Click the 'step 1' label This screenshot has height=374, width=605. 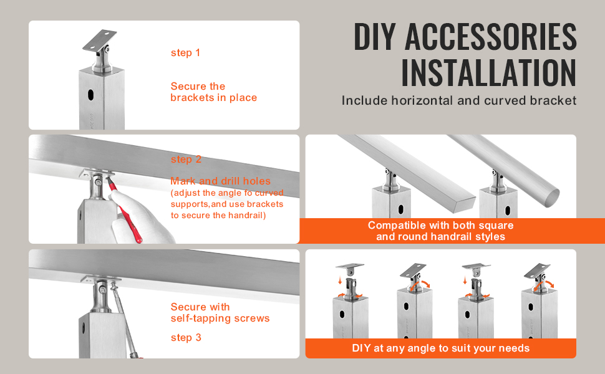pos(186,53)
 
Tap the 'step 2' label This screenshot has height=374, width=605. pos(186,159)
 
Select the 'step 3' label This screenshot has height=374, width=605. pos(186,338)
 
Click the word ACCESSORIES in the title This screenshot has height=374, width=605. pos(490,37)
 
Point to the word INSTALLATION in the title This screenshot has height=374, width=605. pos(489,73)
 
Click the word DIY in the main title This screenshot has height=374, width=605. pos(375,37)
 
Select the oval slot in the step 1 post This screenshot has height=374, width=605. pos(90,95)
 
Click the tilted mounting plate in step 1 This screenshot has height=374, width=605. pos(100,40)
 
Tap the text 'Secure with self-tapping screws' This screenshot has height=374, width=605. pos(220,313)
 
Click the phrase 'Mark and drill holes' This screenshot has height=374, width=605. pos(220,181)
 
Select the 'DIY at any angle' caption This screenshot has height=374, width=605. pos(440,348)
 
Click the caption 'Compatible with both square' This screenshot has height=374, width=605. pos(440,225)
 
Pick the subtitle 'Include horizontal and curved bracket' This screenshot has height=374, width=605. pos(459,100)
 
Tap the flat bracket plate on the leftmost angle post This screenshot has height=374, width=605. pos(349,266)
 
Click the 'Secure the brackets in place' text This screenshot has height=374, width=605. pos(214,92)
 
